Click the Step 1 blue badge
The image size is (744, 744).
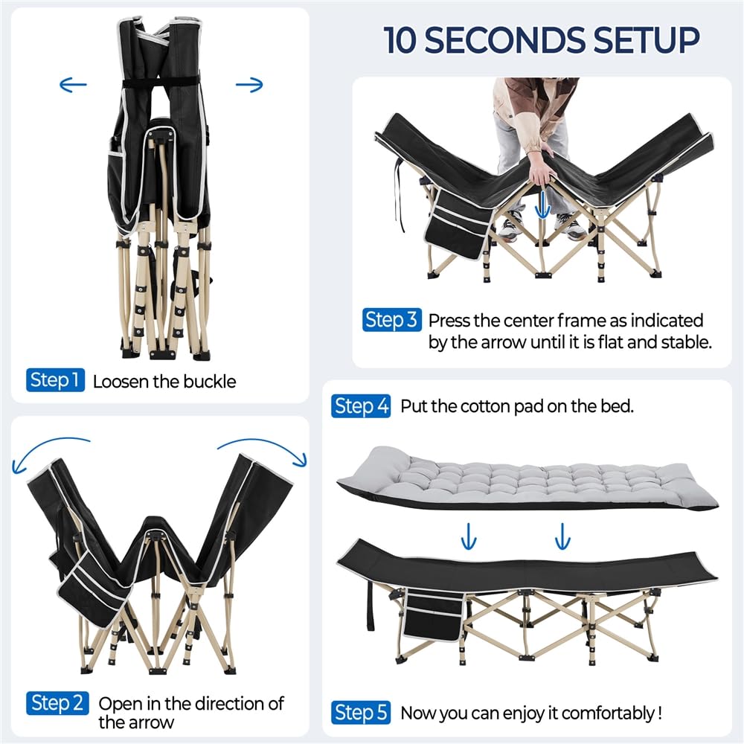tap(56, 380)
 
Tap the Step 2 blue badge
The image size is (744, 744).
tap(58, 703)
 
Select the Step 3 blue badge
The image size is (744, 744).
tap(391, 320)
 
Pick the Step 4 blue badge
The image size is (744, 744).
tap(361, 406)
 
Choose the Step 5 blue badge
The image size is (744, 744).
tap(361, 713)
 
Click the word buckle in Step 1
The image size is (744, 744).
tap(209, 382)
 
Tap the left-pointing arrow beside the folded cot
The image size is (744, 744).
tap(73, 85)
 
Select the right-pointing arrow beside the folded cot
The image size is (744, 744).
tap(249, 85)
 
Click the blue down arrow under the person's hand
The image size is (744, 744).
tap(543, 205)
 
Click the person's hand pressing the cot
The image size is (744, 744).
tap(540, 168)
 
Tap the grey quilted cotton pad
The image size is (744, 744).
tap(526, 478)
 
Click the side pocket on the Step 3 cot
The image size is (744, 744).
tap(458, 223)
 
